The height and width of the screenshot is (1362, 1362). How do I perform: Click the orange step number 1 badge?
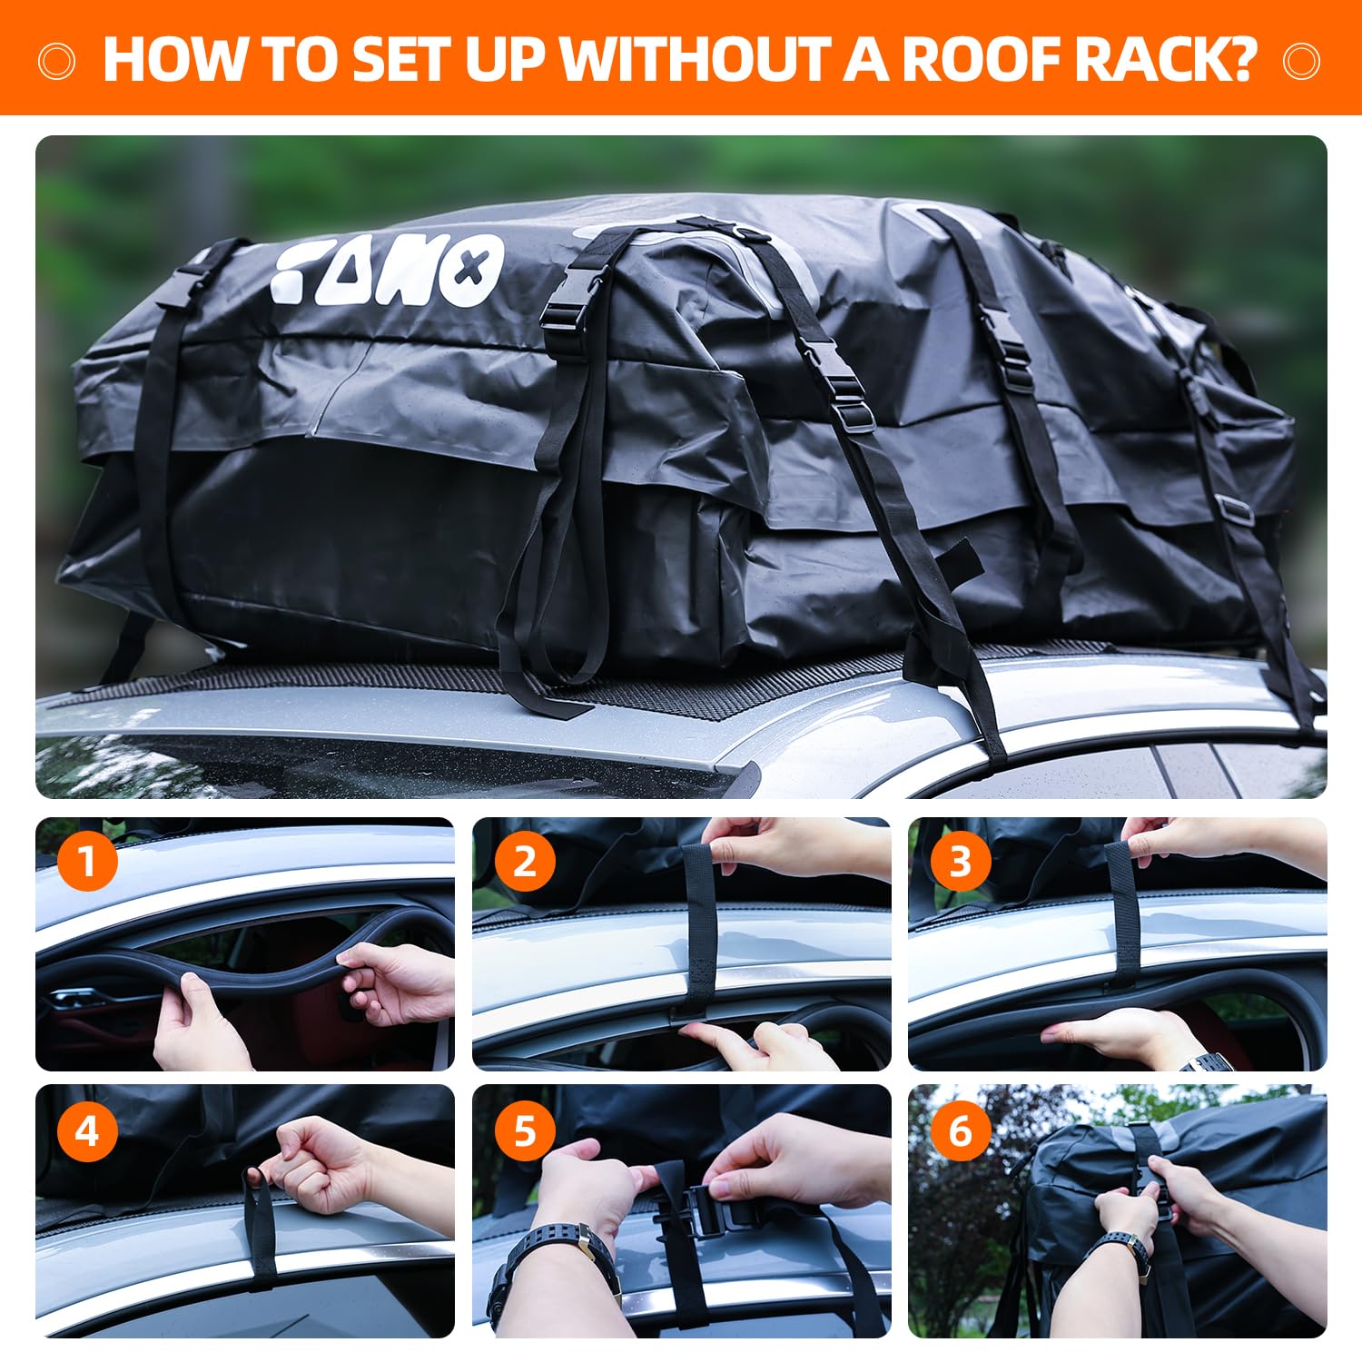click(x=87, y=860)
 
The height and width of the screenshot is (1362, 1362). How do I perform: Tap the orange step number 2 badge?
click(x=525, y=860)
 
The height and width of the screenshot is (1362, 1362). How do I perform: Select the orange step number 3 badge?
click(x=961, y=860)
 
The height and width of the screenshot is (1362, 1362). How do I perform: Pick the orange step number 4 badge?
click(x=87, y=1130)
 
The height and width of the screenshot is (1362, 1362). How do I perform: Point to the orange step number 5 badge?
click(x=525, y=1130)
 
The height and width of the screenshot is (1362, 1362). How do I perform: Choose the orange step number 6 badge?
click(x=961, y=1130)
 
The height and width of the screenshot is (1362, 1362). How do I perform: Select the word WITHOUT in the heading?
click(x=695, y=59)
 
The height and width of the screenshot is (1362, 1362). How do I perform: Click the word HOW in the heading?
click(x=174, y=59)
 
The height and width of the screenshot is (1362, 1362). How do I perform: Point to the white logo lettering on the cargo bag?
click(x=388, y=269)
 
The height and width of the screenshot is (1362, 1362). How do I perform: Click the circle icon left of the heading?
click(x=56, y=61)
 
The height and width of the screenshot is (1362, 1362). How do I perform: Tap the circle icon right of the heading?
click(x=1301, y=61)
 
